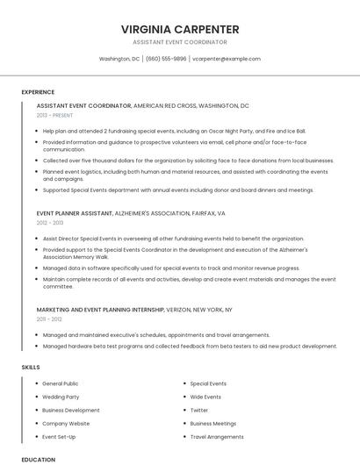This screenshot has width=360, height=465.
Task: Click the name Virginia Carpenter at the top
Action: coord(180,29)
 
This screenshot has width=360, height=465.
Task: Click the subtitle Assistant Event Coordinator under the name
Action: coord(180,42)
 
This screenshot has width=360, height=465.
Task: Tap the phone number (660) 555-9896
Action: coord(166,59)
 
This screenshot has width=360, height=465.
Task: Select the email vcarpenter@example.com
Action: coord(227,59)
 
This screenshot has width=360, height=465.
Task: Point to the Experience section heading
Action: coord(38,92)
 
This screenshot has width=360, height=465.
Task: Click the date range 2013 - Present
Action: coord(55,115)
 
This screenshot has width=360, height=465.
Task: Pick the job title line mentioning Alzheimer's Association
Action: coord(131,213)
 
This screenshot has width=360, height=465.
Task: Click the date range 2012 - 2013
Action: coord(50,224)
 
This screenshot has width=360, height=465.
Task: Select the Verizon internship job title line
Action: coord(134,310)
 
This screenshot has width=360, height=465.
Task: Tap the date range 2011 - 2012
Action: coord(49,320)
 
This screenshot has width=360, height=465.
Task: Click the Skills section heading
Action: coord(30,366)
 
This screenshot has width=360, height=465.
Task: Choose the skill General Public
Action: coord(61,383)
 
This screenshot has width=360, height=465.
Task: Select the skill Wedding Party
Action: coord(61,397)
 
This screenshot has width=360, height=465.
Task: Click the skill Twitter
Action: coord(199,410)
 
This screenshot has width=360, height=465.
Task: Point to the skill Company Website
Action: coord(66,423)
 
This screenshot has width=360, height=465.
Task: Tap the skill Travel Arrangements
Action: coord(217,436)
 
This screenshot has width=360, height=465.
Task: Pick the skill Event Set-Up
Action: coord(59,436)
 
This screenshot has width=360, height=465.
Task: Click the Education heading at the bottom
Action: coord(38,459)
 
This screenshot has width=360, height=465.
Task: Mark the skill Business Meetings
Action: coord(212,423)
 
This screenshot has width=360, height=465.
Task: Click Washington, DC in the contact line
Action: coord(119,59)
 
